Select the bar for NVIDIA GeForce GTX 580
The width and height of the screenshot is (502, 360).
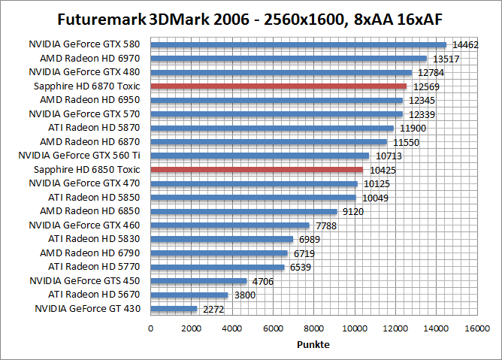(298, 45)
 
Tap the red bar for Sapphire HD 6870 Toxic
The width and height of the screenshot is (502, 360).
(279, 86)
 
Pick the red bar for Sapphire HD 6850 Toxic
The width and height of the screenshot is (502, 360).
(257, 170)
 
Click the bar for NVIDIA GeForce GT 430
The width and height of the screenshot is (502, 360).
(174, 308)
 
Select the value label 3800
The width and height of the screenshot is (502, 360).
(243, 295)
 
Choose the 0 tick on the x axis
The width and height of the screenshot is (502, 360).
(151, 328)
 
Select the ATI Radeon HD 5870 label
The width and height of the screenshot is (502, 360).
(94, 128)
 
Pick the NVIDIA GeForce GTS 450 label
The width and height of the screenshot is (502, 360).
(84, 280)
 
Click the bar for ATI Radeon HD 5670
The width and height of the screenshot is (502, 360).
(189, 295)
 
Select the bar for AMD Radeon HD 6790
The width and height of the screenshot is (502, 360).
(219, 253)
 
